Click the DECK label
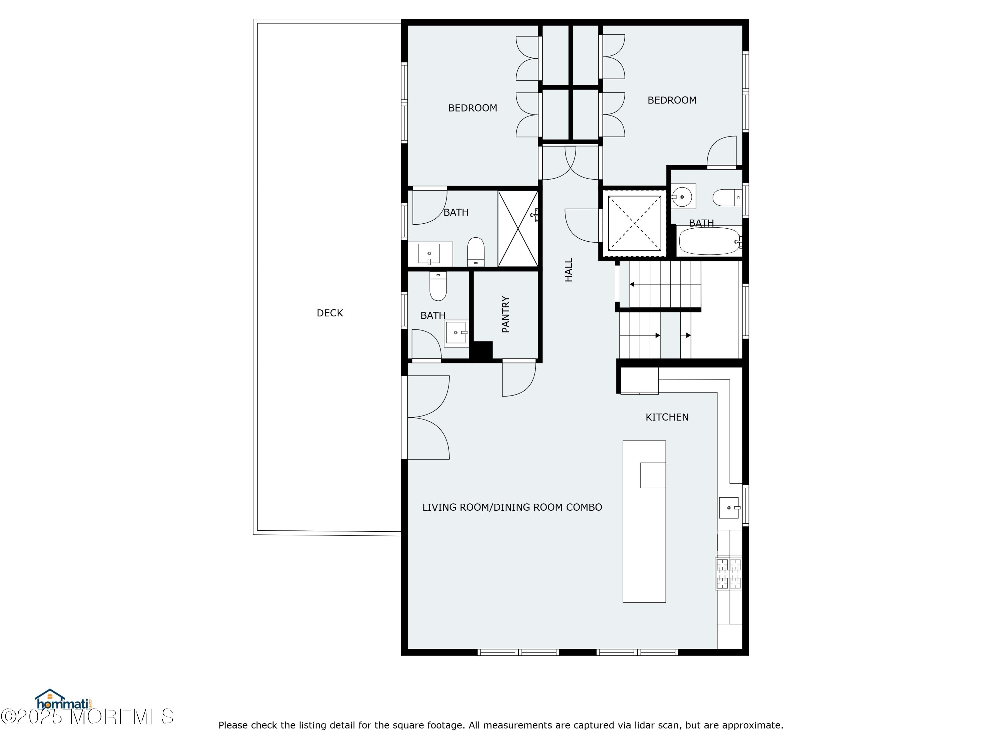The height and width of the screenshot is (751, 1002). pyautogui.click(x=330, y=313)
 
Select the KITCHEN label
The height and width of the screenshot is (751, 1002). pyautogui.click(x=667, y=417)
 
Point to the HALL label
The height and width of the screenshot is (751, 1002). pyautogui.click(x=568, y=270)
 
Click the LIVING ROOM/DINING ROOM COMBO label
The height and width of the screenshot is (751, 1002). pyautogui.click(x=512, y=507)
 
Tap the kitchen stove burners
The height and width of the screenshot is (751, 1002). pyautogui.click(x=728, y=573)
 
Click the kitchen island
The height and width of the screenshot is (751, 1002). pyautogui.click(x=644, y=521)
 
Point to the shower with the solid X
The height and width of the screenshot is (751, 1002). pyautogui.click(x=518, y=229)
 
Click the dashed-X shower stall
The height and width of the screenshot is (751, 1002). pyautogui.click(x=634, y=223)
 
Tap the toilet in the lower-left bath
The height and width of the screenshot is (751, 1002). pyautogui.click(x=438, y=286)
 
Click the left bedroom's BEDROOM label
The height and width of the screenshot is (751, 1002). pyautogui.click(x=473, y=108)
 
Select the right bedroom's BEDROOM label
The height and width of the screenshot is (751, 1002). pyautogui.click(x=672, y=100)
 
